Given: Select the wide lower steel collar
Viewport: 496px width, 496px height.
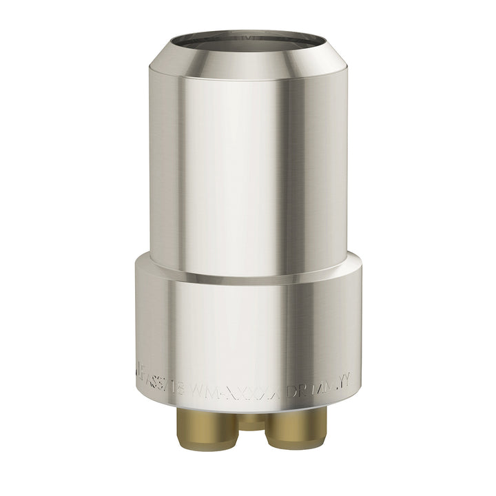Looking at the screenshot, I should pyautogui.click(x=248, y=324).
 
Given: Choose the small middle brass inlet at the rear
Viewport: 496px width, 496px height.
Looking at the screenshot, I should pyautogui.click(x=251, y=420).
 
